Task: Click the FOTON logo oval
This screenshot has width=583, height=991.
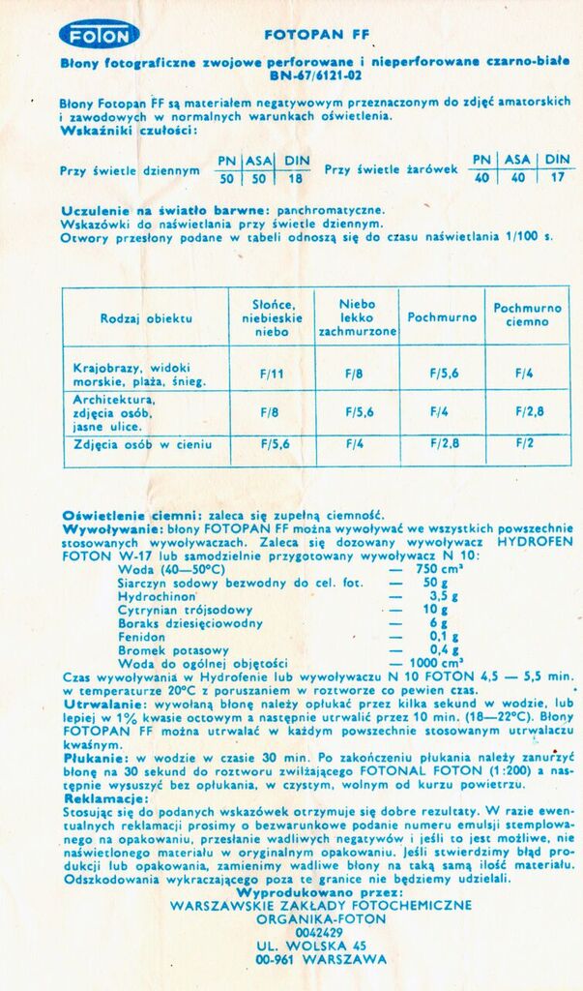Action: coord(100,35)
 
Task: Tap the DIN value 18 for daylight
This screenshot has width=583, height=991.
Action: coord(295,178)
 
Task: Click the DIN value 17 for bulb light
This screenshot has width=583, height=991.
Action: coord(557,177)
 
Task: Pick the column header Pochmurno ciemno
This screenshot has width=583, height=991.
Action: coord(527,315)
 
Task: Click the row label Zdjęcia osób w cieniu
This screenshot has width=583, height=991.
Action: coord(142,444)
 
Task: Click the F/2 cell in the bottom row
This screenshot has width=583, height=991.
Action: coord(524,443)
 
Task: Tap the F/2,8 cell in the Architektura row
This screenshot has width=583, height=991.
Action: coord(529,410)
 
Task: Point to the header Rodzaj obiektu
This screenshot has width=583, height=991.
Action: coord(146,317)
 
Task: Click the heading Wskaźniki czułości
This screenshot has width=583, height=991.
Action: coord(129,130)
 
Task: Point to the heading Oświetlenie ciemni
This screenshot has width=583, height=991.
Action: coord(131,516)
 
